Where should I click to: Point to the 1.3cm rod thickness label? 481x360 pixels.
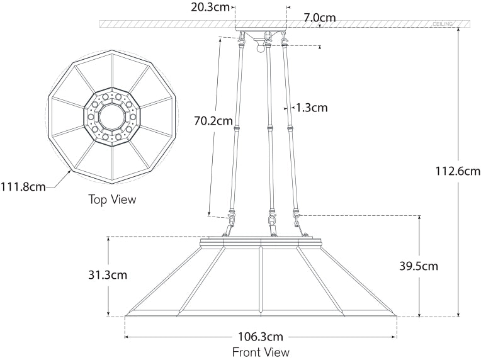coord(312,108)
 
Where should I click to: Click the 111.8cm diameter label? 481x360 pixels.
coord(23,187)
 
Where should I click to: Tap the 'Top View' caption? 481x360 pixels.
coord(112,200)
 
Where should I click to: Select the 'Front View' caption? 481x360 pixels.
coord(261,352)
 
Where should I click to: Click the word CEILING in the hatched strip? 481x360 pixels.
coord(443,24)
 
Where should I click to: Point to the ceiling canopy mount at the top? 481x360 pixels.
coord(261,32)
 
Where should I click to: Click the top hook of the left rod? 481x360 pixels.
coord(241,42)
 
